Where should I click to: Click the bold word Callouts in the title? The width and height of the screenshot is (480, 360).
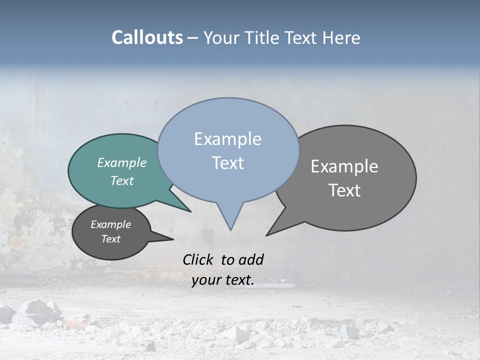(x=147, y=37)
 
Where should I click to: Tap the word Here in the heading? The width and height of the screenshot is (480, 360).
(x=341, y=37)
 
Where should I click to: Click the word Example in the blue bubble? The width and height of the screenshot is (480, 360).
(x=227, y=139)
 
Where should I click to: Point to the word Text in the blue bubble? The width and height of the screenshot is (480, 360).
(x=227, y=163)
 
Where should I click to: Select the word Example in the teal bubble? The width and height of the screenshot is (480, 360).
(x=122, y=163)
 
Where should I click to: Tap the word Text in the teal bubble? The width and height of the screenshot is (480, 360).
(x=122, y=180)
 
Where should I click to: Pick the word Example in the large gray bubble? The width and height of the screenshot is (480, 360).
(x=344, y=166)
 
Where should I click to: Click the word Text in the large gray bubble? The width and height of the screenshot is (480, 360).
(x=344, y=190)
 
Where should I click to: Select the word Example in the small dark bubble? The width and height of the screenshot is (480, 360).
(x=110, y=224)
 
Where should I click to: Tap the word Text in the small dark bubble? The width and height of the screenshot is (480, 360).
(x=110, y=239)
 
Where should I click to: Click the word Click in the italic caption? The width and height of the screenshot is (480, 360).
(x=198, y=259)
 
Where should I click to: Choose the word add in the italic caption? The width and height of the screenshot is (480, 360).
(x=251, y=259)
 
